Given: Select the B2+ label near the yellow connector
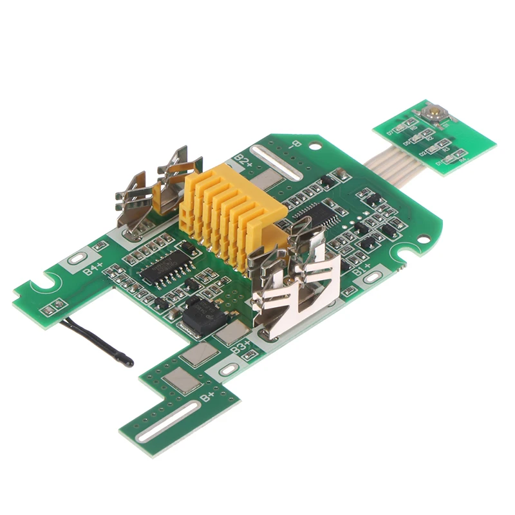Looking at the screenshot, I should (x=243, y=159).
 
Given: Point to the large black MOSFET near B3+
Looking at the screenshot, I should (x=201, y=315).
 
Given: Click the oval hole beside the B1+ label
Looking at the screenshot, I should (x=373, y=278).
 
